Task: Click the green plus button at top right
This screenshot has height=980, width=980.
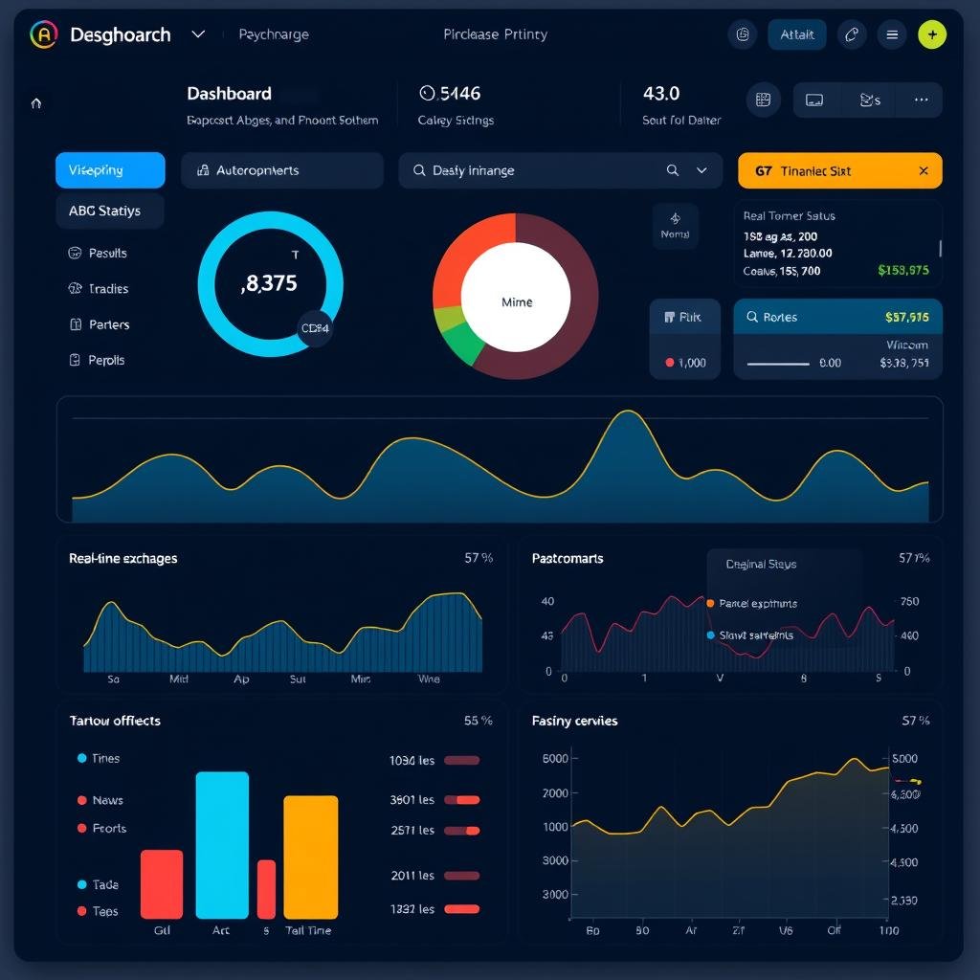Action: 931,34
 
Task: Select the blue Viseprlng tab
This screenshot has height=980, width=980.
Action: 110,170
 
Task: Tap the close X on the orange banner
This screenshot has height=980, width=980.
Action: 923,171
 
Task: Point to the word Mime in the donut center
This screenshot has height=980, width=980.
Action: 516,301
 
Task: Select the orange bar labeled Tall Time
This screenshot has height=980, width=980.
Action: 310,857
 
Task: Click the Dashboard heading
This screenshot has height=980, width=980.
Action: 229,94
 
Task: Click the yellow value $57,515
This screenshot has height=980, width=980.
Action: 906,318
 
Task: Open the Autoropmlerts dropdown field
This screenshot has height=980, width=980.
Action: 281,170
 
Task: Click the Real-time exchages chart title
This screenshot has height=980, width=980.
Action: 122,558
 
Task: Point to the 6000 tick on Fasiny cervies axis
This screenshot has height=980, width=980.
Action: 555,758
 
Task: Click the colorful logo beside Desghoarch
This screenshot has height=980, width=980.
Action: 44,35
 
